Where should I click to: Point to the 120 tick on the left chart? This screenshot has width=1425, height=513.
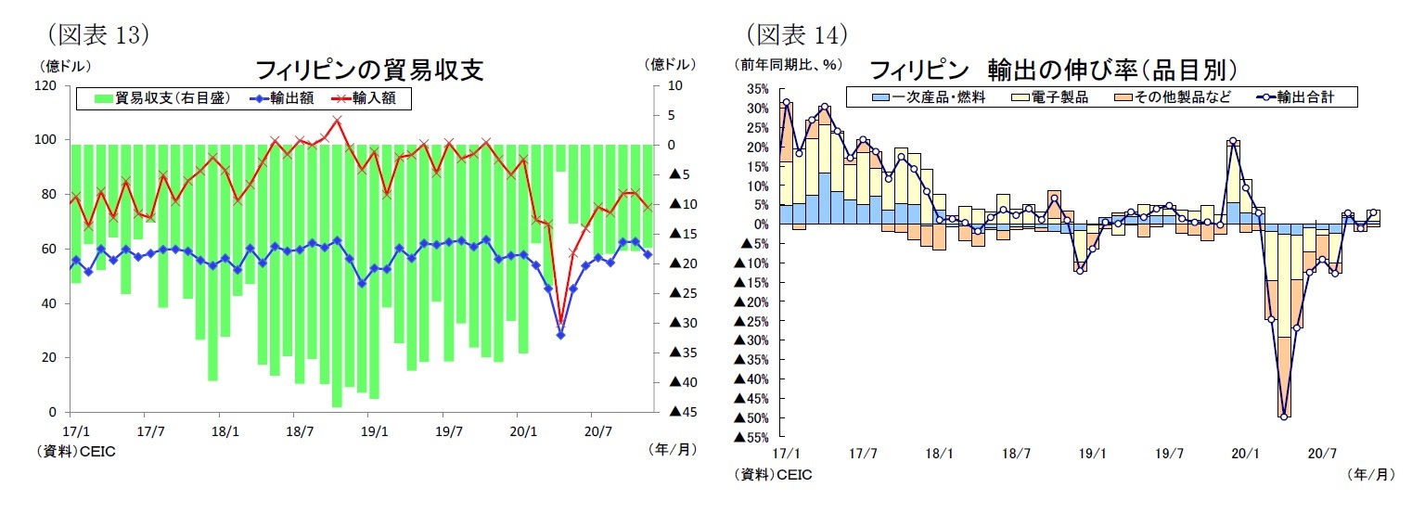coord(45,85)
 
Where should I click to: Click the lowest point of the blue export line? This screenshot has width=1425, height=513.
coord(560,334)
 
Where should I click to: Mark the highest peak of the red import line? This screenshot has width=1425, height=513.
coord(337,120)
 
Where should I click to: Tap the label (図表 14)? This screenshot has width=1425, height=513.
coord(796,34)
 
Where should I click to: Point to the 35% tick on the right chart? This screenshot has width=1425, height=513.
coord(755,89)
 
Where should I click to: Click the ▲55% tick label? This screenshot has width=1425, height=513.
coord(751,436)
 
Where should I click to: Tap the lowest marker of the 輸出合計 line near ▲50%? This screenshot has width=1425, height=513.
coord(1283,417)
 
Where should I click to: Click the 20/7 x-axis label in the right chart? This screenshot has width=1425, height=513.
coord(1321,454)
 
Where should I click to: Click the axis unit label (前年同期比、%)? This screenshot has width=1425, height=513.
coord(786,65)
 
